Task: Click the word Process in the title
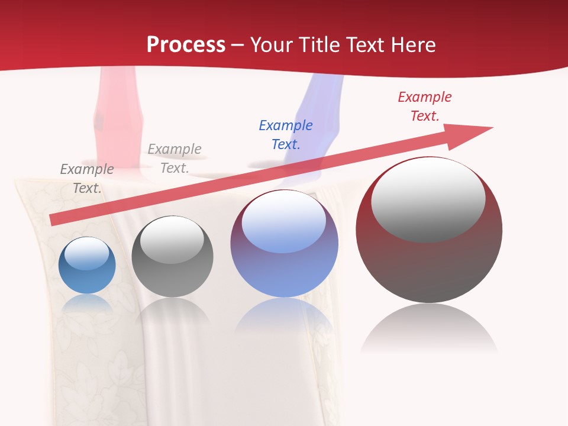(186, 45)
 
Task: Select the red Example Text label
(424, 106)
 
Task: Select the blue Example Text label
(286, 135)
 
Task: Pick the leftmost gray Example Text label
(86, 179)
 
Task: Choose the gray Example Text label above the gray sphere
(174, 159)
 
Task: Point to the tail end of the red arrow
(54, 220)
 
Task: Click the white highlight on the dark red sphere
(428, 200)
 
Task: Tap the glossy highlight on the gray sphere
(172, 240)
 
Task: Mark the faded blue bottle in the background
(319, 112)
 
